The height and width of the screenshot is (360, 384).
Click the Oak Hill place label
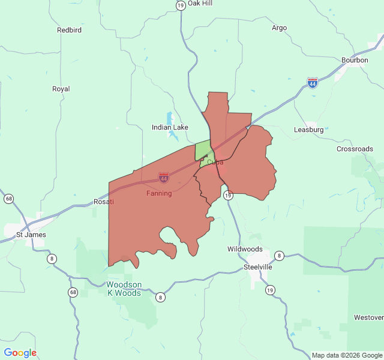[x=200, y=4]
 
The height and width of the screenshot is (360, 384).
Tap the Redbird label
[x=69, y=30]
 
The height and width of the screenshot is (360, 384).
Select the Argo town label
[x=279, y=28]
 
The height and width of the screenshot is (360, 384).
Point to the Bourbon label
[x=355, y=60]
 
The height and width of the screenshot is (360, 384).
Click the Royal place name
[x=61, y=89]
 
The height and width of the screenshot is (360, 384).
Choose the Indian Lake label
[x=170, y=127]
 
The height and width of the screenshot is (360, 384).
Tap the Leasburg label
[x=309, y=130]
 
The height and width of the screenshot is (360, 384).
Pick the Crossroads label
[x=355, y=149]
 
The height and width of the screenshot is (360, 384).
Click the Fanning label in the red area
[x=159, y=194]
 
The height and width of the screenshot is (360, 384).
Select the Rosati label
[x=104, y=202]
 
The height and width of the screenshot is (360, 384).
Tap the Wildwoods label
[x=245, y=249]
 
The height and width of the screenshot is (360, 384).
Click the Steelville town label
[x=258, y=267]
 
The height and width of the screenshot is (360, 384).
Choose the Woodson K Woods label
[x=124, y=289]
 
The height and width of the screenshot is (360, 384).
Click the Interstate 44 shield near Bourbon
[x=312, y=83]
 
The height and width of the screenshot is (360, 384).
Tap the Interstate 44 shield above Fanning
[x=163, y=178]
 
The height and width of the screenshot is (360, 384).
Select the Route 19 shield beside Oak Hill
[x=181, y=5]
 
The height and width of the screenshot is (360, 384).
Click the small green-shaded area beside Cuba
[x=203, y=150]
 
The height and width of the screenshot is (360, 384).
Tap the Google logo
[x=20, y=353]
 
